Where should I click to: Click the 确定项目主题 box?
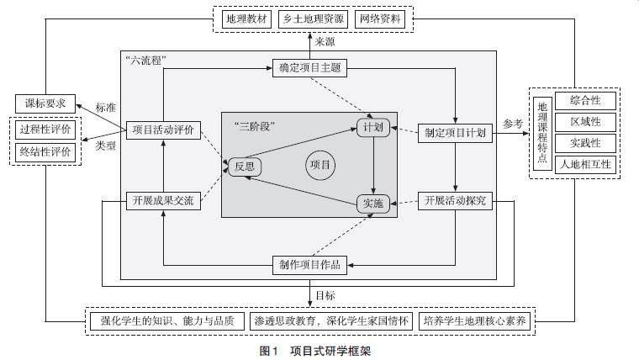[309, 69]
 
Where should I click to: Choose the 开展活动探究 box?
[455, 200]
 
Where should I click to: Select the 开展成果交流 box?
[164, 200]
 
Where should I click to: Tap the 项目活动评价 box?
[164, 130]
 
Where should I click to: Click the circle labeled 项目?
[320, 164]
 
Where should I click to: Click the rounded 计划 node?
[372, 129]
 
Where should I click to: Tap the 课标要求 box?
[45, 104]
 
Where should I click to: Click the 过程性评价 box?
[45, 130]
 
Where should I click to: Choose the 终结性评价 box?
[45, 152]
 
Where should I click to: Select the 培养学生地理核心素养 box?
[475, 321]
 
